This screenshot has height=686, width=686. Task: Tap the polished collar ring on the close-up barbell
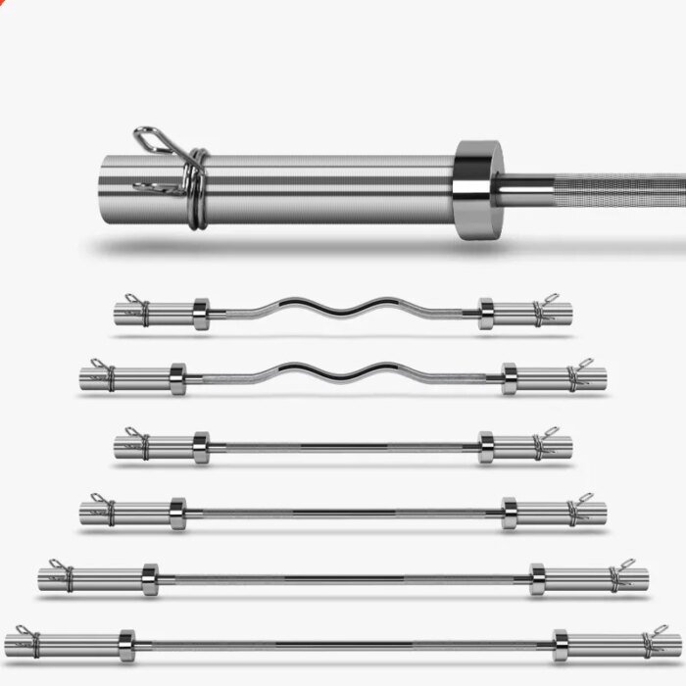477,188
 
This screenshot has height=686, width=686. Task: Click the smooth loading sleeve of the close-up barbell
323,188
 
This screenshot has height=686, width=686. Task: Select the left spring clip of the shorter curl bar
138,310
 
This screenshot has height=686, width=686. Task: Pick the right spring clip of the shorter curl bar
543,310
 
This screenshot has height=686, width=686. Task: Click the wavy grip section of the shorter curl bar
343,308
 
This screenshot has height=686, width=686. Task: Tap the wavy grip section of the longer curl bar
343,373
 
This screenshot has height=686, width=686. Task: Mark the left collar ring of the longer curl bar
177,378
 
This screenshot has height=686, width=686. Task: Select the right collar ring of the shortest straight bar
486,447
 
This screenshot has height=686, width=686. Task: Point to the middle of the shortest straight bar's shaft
343,448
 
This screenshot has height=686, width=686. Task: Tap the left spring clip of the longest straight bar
28,641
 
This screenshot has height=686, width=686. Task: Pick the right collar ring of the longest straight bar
560,645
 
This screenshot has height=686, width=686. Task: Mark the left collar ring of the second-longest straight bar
149,579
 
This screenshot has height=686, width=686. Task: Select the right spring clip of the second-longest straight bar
619,575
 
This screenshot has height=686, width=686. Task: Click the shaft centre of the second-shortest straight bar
343,513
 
